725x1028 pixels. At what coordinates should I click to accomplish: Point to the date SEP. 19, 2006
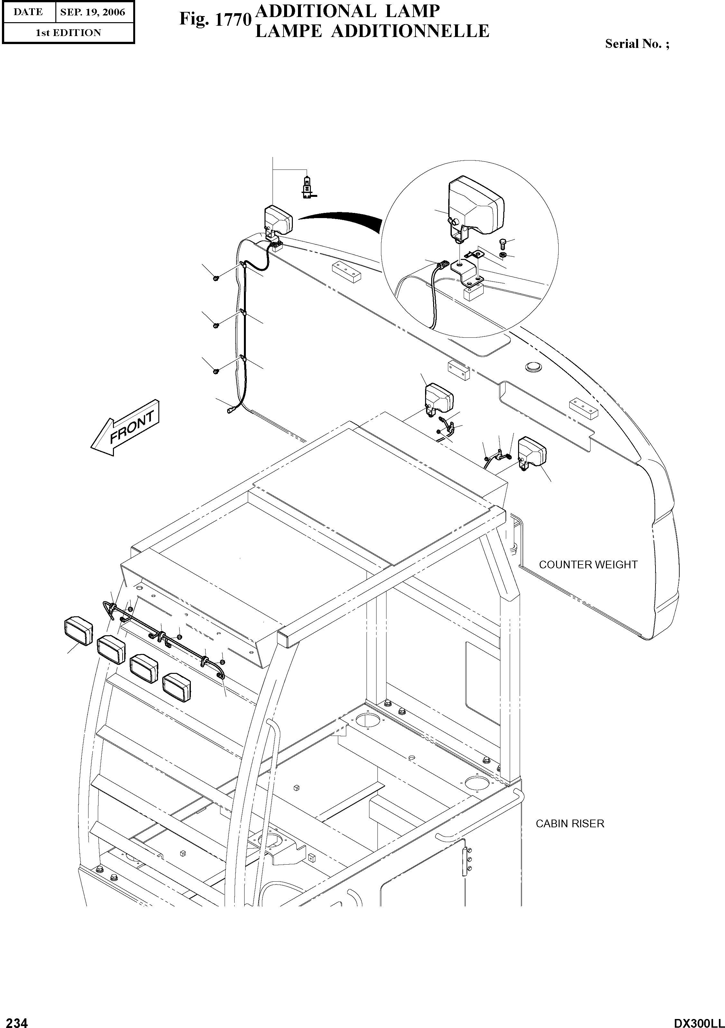[93, 12]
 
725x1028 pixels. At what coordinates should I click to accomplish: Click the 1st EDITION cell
[68, 33]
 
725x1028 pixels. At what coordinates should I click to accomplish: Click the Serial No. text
[637, 44]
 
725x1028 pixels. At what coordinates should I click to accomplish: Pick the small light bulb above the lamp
[307, 187]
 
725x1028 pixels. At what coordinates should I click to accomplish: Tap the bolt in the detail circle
[502, 244]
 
